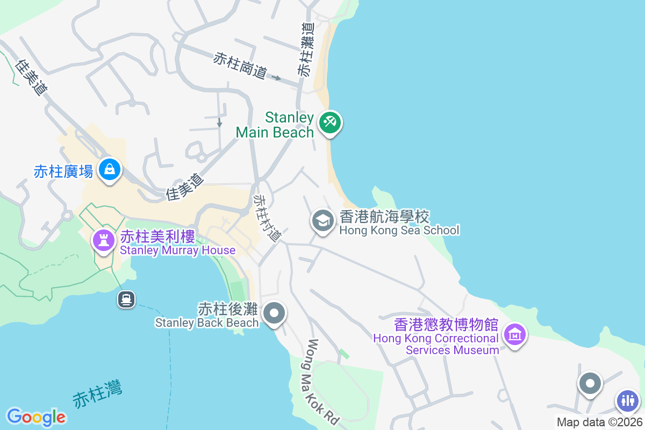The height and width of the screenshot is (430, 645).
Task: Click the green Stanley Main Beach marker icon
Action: (329, 123)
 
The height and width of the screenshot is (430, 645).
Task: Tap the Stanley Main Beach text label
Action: (274, 125)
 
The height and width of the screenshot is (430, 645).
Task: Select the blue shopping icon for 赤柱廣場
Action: (110, 169)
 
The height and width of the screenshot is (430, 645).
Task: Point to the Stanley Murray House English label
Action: (177, 250)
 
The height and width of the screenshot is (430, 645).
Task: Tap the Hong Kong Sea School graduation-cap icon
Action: (322, 220)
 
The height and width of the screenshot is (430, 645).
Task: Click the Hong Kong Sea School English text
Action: (399, 231)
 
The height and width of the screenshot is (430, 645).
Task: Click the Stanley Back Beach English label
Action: (207, 322)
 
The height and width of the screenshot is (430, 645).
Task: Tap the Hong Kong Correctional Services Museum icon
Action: (515, 335)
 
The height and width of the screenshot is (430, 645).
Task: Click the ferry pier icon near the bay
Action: (126, 299)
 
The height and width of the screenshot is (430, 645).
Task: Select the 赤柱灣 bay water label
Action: (97, 394)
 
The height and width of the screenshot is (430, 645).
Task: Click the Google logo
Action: (36, 417)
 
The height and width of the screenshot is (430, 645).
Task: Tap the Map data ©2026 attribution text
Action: (599, 422)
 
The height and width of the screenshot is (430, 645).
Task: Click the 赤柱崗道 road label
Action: (240, 66)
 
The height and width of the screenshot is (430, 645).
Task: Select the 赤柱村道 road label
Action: (268, 218)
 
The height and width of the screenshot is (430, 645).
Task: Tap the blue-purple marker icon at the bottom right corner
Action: (627, 400)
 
